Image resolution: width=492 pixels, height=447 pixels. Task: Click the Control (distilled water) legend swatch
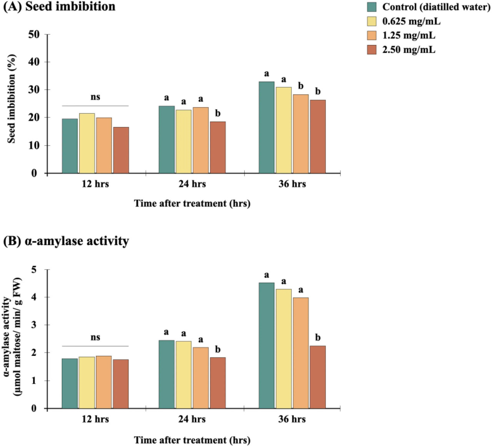372,7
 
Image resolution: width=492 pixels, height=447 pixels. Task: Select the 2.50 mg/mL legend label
409,50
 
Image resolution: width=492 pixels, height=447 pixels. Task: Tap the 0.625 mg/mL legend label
411,21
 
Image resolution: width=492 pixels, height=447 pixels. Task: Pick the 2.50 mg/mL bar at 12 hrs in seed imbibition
121,150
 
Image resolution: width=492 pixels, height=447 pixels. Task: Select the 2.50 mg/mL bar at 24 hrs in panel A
218,148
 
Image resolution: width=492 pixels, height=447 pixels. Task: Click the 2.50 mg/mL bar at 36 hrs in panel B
318,377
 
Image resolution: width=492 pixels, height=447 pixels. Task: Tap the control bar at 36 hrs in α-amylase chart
266,346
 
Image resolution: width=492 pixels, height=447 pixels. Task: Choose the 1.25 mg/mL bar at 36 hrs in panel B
301,353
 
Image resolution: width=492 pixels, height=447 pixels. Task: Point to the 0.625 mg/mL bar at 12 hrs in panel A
87,143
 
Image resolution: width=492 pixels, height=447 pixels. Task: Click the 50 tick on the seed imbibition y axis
34,35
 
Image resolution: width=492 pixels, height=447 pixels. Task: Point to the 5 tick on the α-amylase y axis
34,270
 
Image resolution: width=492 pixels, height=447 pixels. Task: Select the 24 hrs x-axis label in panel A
192,184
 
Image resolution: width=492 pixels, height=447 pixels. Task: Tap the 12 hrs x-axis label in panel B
95,419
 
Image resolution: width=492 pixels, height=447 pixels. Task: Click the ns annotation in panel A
95,97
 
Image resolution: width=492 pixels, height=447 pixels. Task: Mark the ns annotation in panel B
95,337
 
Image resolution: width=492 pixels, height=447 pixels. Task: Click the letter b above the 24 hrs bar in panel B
218,349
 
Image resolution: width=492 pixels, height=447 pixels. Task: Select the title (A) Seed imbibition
59,7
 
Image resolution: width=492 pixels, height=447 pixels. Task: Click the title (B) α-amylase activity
66,241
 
